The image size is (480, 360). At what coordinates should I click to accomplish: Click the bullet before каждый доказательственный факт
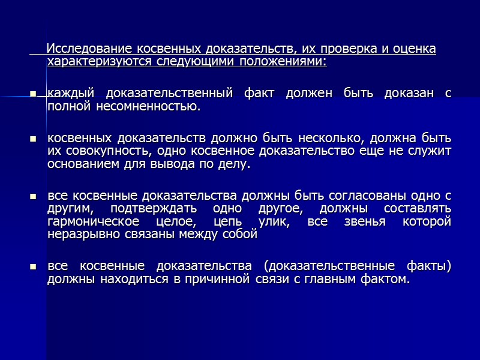click(x=34, y=94)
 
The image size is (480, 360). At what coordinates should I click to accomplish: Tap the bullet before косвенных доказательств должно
click(x=34, y=140)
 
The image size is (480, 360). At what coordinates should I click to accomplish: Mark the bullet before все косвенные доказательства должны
click(x=34, y=197)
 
